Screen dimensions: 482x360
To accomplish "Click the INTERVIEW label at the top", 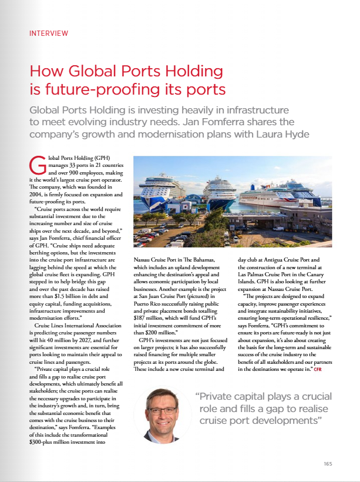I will click(48, 34).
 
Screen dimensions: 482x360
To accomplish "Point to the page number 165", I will click(328, 464).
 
